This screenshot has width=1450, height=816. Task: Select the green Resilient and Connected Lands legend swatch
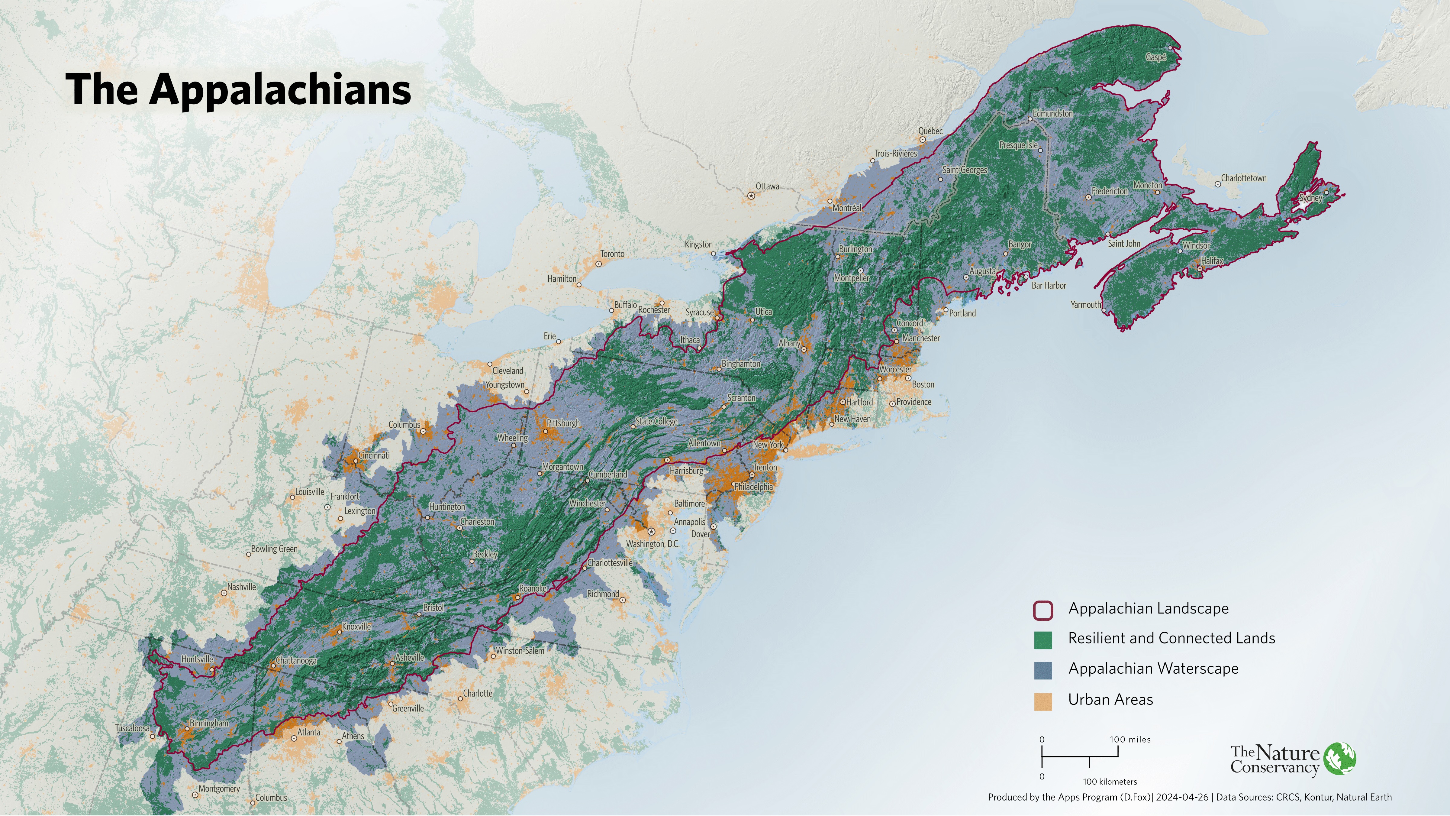pos(1042,640)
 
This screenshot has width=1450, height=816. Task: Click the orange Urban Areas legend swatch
pos(1042,701)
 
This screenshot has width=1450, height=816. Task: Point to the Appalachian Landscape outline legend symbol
pos(1042,610)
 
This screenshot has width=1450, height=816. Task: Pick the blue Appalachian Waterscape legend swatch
pos(1042,670)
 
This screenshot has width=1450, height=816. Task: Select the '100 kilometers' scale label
pos(1110,782)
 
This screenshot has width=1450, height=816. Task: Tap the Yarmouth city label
pos(1085,305)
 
